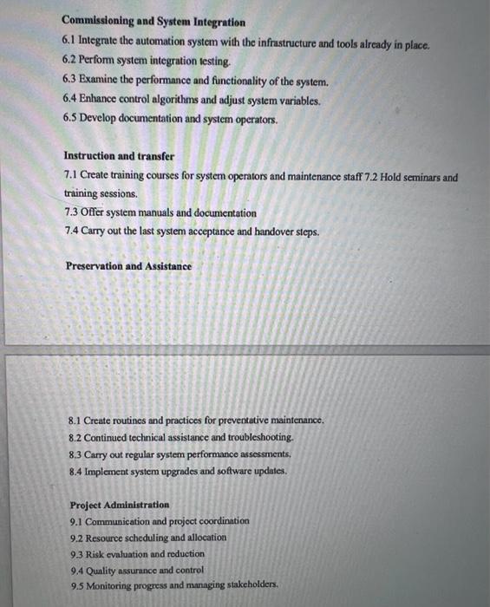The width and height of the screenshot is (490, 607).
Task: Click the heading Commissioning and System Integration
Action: tap(154, 22)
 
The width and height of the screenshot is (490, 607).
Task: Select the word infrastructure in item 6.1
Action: tap(286, 42)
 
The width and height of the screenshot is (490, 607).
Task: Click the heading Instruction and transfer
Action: tap(120, 156)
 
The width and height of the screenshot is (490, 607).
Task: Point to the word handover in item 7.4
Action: tap(267, 232)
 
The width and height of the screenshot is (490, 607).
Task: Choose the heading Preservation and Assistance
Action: tap(128, 266)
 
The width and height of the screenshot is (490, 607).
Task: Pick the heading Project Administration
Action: tap(120, 505)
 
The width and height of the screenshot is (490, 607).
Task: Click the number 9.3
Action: tap(76, 553)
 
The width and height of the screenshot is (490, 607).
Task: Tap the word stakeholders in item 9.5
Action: tap(246, 585)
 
